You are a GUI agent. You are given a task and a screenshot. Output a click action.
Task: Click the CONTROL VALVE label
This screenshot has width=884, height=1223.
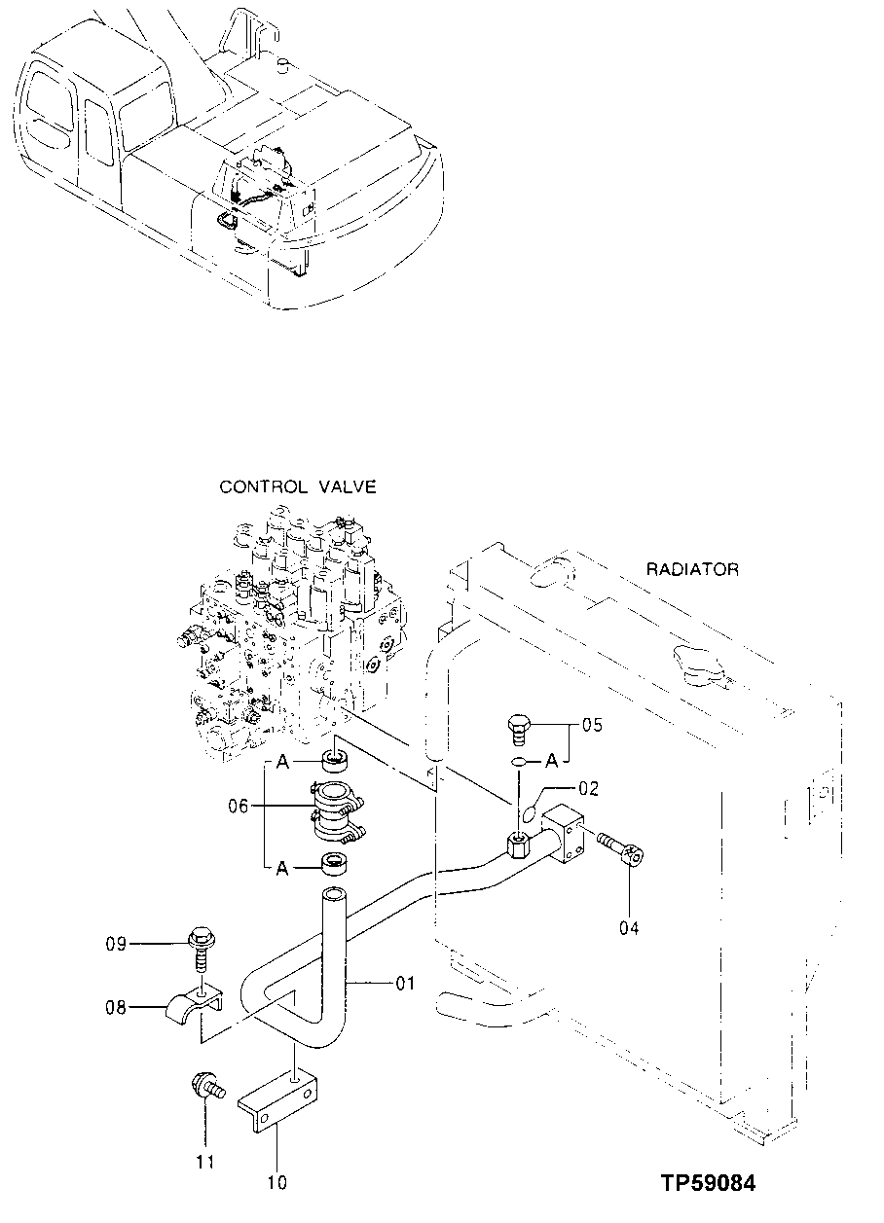297,486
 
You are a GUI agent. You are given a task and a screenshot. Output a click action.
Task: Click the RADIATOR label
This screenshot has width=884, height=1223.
692,569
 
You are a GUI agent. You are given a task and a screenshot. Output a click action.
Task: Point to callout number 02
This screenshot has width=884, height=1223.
589,788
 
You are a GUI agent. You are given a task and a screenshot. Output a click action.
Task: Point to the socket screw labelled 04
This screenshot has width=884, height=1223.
620,847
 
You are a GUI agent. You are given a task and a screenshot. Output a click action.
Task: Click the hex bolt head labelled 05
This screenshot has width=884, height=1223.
520,727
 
